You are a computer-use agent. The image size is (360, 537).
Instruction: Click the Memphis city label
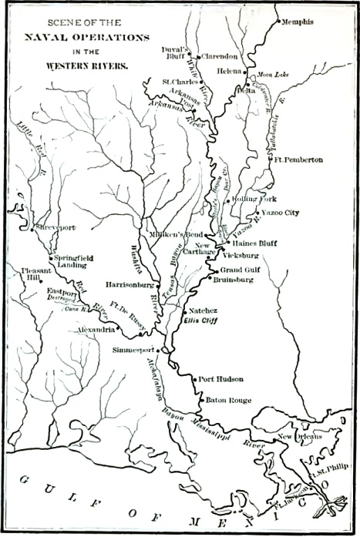299,22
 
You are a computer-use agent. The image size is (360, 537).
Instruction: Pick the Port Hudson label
221,379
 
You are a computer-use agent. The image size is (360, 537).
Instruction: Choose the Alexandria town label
96,328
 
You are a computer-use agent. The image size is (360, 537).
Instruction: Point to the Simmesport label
135,349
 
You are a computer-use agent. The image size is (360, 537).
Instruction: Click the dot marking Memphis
276,21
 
